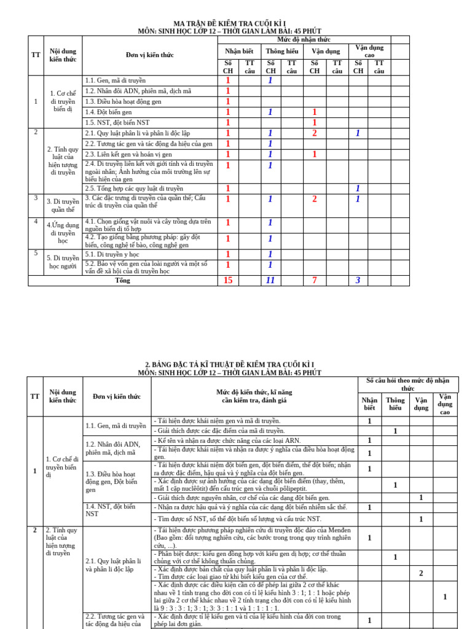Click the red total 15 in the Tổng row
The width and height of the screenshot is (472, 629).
click(x=228, y=281)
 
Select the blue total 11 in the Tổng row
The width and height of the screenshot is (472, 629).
click(x=270, y=281)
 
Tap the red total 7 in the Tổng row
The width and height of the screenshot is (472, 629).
click(x=315, y=281)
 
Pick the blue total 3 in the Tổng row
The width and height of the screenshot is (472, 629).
click(x=358, y=281)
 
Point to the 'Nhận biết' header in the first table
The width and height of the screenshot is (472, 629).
click(x=238, y=51)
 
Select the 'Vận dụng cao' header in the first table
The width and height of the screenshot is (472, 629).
click(x=369, y=51)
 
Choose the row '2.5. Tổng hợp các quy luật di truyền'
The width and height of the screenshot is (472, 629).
click(x=134, y=189)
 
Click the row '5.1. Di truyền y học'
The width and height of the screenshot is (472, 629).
click(x=112, y=254)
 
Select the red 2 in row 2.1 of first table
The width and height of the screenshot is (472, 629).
click(x=315, y=133)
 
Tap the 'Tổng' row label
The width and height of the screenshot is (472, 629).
click(x=123, y=281)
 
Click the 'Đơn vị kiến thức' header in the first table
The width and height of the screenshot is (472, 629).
click(x=150, y=55)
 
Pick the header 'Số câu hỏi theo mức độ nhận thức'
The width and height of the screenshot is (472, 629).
click(x=408, y=385)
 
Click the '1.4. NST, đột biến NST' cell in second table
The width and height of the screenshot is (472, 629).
click(x=110, y=510)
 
